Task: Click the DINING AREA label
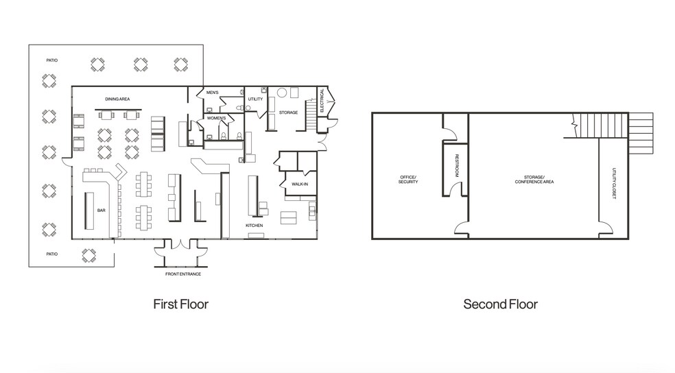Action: click(117, 99)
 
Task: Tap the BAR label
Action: click(101, 210)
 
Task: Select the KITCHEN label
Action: click(254, 226)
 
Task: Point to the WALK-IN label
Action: click(300, 184)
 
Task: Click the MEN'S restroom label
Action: click(212, 93)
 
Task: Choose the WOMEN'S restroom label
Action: click(216, 118)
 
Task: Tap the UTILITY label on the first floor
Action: click(255, 99)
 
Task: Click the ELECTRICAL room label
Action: click(322, 101)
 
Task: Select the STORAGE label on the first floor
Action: click(288, 112)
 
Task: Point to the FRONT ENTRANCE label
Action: click(183, 274)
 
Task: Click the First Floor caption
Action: click(181, 304)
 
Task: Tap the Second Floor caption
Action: click(500, 304)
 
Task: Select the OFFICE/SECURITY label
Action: click(408, 180)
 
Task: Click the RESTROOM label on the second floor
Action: click(457, 166)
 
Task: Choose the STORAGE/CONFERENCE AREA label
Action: click(534, 180)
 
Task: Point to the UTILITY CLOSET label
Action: click(615, 184)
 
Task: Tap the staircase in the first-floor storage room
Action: click(311, 115)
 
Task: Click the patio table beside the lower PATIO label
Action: click(89, 256)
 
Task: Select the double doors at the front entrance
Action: click(181, 244)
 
